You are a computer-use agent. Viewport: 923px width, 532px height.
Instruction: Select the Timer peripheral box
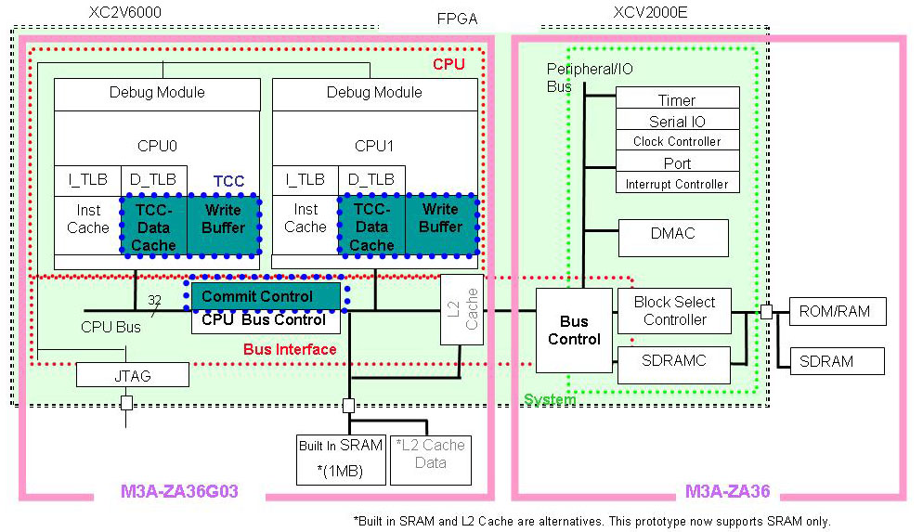pos(677,99)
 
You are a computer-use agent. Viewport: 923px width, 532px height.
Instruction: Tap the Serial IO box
pos(677,121)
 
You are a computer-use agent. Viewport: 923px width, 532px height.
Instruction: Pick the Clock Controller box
pos(677,141)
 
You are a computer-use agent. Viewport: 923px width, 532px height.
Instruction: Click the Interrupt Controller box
pos(677,184)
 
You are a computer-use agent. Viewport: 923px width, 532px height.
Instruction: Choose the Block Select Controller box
pos(674,311)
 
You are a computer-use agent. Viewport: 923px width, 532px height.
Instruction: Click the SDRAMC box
pos(674,360)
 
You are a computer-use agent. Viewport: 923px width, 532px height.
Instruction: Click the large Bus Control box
pos(574,331)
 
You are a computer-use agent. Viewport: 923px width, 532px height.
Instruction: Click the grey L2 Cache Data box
pos(430,459)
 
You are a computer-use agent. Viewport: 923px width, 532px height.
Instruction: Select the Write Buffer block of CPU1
pos(440,224)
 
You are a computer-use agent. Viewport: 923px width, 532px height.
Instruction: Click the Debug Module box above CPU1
pos(374,93)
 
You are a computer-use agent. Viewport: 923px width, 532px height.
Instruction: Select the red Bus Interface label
pos(290,350)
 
